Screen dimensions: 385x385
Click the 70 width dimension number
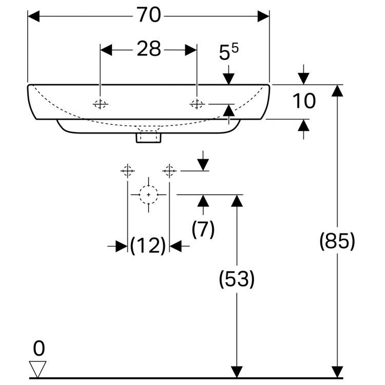coord(148,16)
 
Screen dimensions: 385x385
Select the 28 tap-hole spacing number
coord(148,49)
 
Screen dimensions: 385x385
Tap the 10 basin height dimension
coord(304,101)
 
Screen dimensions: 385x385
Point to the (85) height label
coord(337,241)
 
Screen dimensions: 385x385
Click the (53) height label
coord(237,279)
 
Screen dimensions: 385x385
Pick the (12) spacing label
coord(148,246)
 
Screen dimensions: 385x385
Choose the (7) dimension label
coord(203,229)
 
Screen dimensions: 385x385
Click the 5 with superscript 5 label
coord(229,53)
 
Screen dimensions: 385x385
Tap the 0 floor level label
coord(38,349)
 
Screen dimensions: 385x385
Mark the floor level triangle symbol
coord(38,369)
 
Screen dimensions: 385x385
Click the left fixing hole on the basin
coord(101,104)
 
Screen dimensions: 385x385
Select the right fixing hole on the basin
coord(197,104)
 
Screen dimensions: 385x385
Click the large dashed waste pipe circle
coord(148,195)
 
